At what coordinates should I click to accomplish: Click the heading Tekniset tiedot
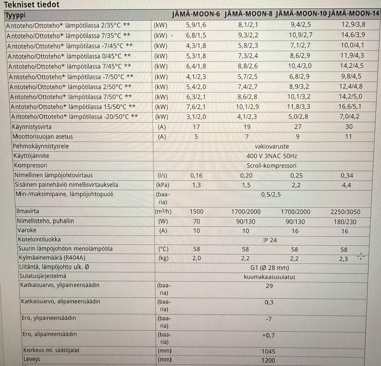pos(32,5)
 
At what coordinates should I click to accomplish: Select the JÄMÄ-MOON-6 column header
pos(196,15)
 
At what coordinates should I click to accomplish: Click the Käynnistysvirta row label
pos(32,127)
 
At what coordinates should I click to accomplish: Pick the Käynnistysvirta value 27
pos(298,127)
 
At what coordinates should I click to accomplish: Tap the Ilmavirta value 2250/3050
pos(346,212)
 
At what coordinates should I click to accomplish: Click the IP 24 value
pos(270,240)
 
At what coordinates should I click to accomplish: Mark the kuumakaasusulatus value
pos(269,277)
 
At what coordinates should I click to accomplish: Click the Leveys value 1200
pos(269,361)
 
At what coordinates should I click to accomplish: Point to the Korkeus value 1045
pos(269,351)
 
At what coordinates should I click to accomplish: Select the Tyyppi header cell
pos(16,15)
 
